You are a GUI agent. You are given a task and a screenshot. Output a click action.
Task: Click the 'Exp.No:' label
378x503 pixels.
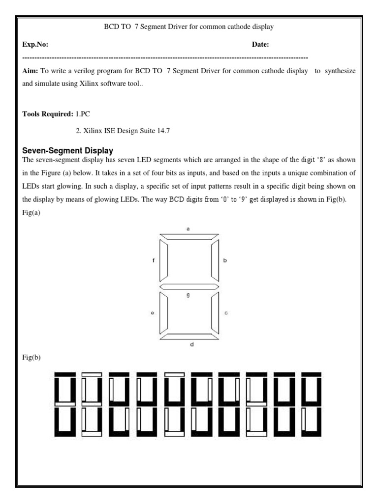click(35, 45)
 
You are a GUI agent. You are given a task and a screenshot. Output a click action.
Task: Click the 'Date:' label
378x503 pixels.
click(260, 45)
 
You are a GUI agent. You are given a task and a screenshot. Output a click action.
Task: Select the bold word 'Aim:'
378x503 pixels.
click(31, 71)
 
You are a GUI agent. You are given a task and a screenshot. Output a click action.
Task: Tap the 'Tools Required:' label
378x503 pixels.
click(48, 114)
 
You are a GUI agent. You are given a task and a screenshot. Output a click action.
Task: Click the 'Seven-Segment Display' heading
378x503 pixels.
click(68, 150)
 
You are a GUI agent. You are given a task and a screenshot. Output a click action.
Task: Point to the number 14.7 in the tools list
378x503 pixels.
click(163, 131)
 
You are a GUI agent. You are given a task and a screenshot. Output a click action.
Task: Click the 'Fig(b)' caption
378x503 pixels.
click(31, 358)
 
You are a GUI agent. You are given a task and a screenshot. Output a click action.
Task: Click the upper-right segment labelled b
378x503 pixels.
click(215, 260)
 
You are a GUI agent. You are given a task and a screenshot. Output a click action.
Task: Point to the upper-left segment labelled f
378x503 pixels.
click(163, 260)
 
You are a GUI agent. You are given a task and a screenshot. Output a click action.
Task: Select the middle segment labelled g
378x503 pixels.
click(189, 286)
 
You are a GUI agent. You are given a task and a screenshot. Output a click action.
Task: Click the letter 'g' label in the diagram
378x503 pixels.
click(188, 295)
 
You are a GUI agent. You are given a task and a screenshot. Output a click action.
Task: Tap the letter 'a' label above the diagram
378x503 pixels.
click(188, 229)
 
